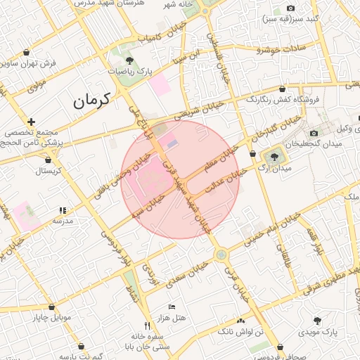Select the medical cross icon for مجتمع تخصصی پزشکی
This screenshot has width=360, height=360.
tap(32, 122)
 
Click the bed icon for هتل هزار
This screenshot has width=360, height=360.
tap(172, 307)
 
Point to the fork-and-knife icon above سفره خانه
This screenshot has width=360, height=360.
tap(147, 326)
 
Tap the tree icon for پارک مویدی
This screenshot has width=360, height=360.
tap(318, 320)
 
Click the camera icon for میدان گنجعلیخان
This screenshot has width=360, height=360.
tap(314, 133)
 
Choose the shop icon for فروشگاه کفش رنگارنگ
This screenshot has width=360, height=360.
tap(282, 89)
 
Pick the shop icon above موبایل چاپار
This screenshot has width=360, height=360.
tap(51, 307)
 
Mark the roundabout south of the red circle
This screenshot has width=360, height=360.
tap(221, 254)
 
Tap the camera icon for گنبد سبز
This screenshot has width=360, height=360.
tap(290, 8)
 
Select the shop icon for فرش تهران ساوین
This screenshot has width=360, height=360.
tap(27, 52)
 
